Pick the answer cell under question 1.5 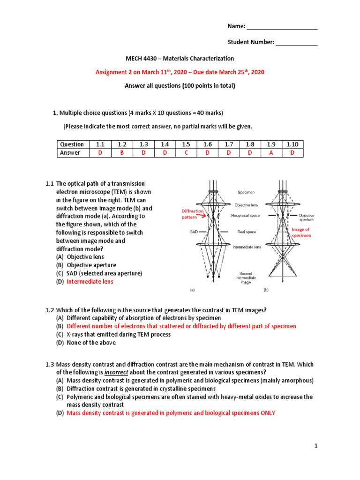(x=186, y=153)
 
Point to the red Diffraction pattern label (x=193, y=214)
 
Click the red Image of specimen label (x=301, y=232)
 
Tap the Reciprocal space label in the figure (x=246, y=216)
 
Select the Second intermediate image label (x=246, y=277)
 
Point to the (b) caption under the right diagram (x=266, y=290)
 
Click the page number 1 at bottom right (x=316, y=447)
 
